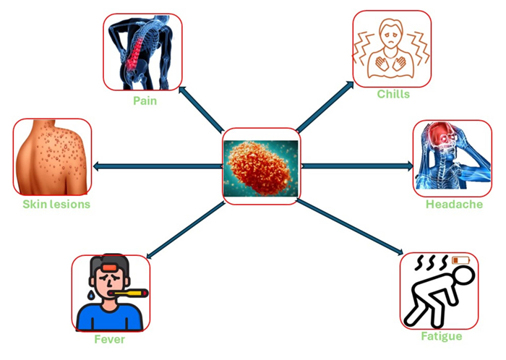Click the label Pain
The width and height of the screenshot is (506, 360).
tap(145, 100)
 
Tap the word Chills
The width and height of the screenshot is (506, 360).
tap(393, 94)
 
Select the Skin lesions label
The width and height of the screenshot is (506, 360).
tap(56, 204)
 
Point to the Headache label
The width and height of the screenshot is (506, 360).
tap(454, 205)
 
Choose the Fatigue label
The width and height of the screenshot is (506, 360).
tap(441, 336)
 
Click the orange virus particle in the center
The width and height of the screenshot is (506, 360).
tap(261, 166)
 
